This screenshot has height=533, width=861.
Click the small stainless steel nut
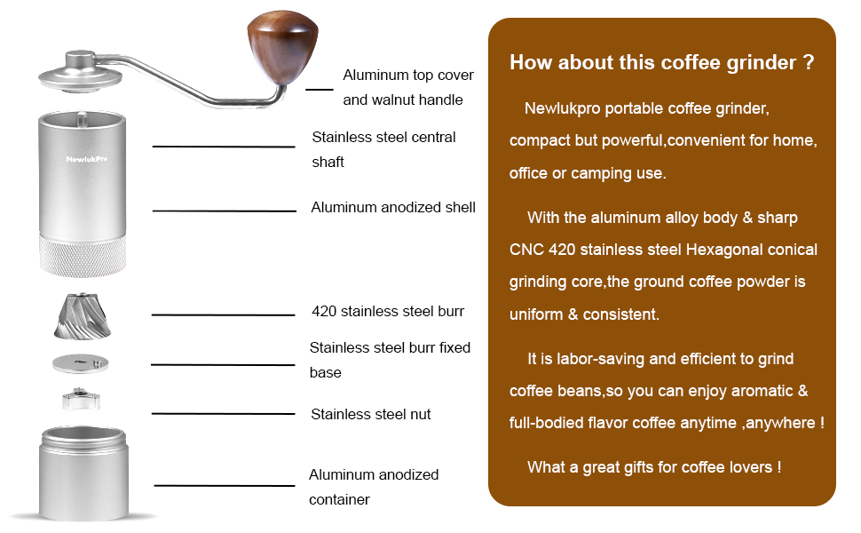coord(82,399)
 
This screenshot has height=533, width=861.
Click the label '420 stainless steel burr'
coord(388,312)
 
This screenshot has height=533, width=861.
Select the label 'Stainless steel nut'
coord(370,414)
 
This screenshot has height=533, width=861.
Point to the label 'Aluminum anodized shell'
coord(393,207)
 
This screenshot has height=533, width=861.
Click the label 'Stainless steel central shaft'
coord(383,149)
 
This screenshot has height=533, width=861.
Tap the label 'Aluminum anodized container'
coord(374,487)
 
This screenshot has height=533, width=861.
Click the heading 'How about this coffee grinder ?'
coord(661,63)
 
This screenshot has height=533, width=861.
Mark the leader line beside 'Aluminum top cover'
coord(319,89)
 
